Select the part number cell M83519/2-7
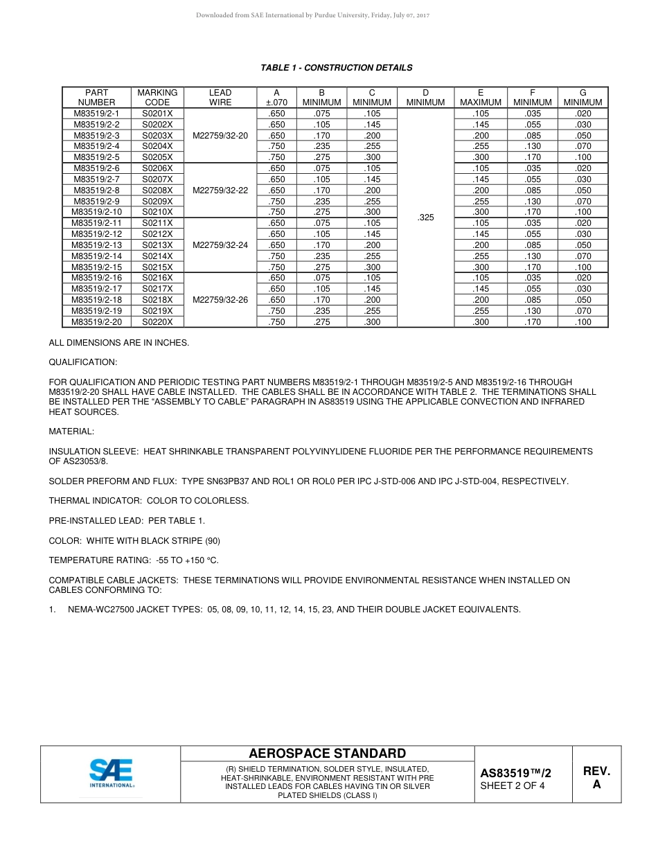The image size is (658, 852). (96, 179)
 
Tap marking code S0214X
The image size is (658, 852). (157, 256)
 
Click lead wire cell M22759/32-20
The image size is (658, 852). (220, 136)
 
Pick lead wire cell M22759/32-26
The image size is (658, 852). (220, 300)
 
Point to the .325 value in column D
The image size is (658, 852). (425, 218)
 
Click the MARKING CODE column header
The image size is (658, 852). (157, 98)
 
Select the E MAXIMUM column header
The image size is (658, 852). (480, 98)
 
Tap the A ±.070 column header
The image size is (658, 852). (276, 98)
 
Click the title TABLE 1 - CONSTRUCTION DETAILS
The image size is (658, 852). (336, 68)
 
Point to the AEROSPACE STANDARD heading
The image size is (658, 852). (327, 754)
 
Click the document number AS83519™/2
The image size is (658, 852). (515, 774)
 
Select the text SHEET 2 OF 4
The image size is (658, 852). (513, 786)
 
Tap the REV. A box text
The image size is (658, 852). (596, 778)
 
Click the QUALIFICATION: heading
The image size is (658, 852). (83, 362)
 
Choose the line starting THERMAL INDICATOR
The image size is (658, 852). (149, 501)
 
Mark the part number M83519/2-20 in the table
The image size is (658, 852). (96, 322)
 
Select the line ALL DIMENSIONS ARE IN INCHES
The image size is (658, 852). (119, 343)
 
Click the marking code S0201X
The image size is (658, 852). (157, 114)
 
